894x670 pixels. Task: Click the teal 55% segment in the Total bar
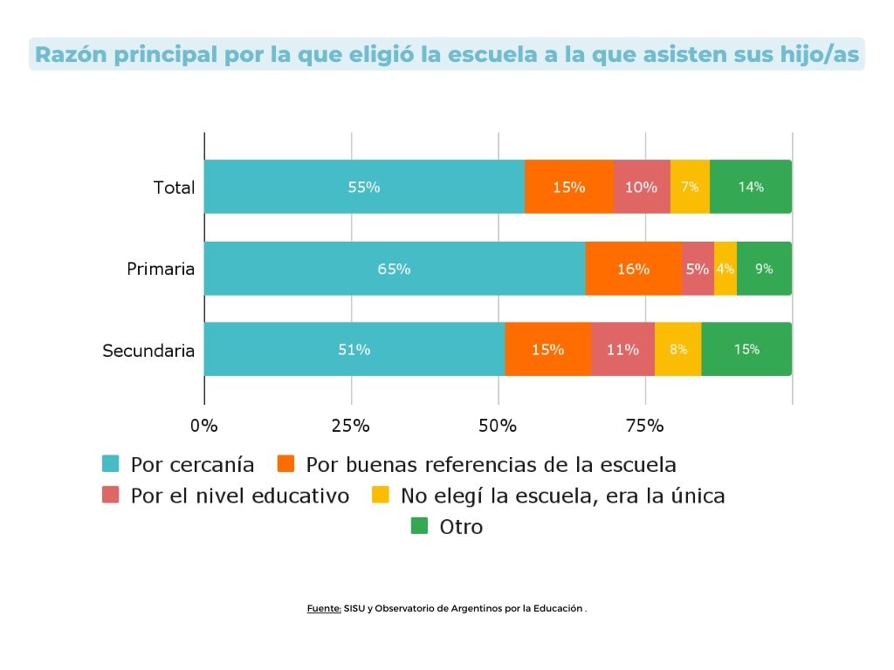click(x=364, y=187)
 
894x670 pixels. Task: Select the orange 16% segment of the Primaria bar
click(x=633, y=269)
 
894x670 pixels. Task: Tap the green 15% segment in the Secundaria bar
click(x=746, y=350)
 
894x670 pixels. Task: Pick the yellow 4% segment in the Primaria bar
click(x=725, y=269)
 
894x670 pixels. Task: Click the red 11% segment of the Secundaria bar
click(x=622, y=350)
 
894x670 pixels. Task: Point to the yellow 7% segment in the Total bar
click(x=690, y=187)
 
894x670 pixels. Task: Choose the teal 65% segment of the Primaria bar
click(x=394, y=269)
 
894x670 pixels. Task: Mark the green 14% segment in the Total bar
click(x=751, y=187)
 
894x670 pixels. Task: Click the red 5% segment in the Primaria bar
click(x=697, y=269)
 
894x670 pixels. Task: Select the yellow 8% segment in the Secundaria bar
click(x=678, y=350)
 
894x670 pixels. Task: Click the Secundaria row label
click(x=148, y=351)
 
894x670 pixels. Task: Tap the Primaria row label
click(x=161, y=269)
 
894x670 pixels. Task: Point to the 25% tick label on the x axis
click(x=351, y=426)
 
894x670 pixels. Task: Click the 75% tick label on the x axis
click(x=645, y=426)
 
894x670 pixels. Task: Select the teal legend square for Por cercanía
click(x=111, y=463)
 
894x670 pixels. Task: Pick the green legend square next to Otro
click(x=419, y=526)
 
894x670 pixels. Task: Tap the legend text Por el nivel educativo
click(x=239, y=496)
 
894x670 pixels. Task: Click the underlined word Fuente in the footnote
click(x=323, y=608)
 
